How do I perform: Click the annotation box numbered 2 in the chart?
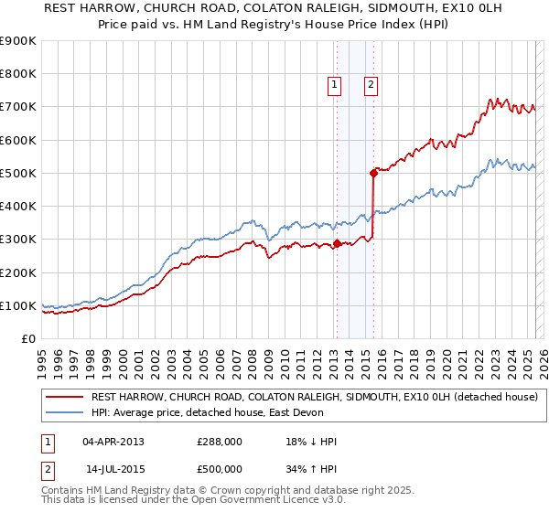[x=371, y=86]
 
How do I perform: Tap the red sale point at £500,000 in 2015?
[x=373, y=172]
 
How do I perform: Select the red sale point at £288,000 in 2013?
[x=337, y=243]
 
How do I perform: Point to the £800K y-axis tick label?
[x=18, y=74]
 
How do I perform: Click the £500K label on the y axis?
[x=18, y=173]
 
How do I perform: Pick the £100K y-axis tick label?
[x=18, y=305]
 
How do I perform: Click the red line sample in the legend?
[x=65, y=397]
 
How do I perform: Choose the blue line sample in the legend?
[x=65, y=412]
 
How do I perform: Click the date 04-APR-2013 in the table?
[x=113, y=442]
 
